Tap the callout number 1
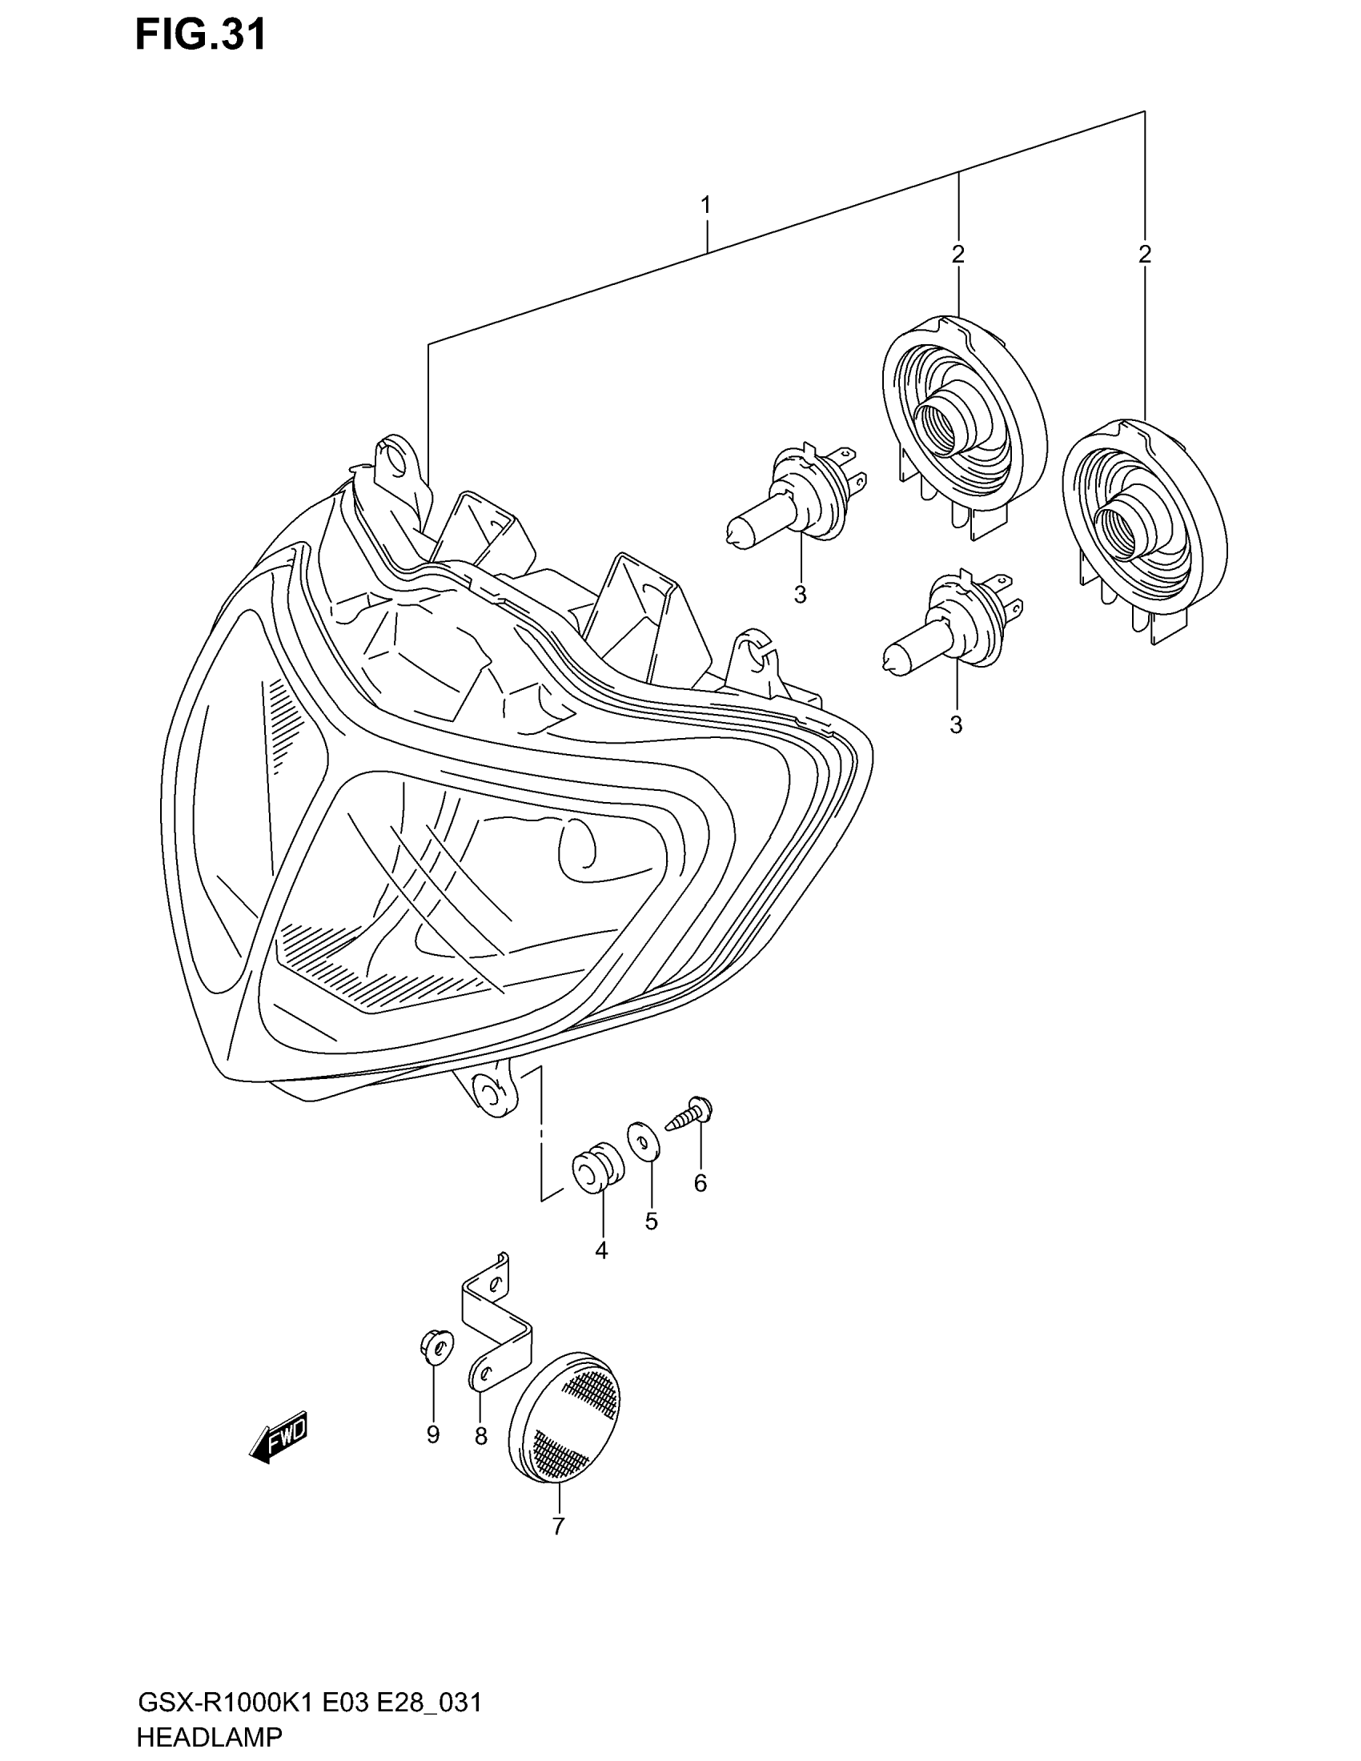[x=705, y=206]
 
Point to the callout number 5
[x=652, y=1221]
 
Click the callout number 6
[x=700, y=1183]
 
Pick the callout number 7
[x=558, y=1526]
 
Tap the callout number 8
[x=480, y=1436]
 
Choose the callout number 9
[x=433, y=1434]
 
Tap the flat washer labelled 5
[x=644, y=1140]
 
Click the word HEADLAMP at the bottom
[x=210, y=1737]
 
